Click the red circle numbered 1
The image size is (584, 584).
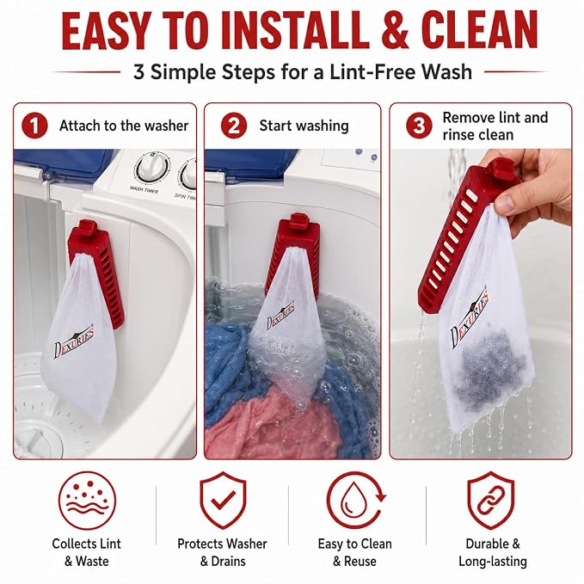[x=34, y=126]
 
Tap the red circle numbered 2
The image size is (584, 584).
[x=234, y=126]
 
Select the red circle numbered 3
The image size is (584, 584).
[x=419, y=126]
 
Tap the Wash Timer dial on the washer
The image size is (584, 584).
[x=151, y=167]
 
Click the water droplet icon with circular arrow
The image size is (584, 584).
[x=356, y=501]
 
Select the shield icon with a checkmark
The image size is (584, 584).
[x=223, y=501]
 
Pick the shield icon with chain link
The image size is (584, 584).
[x=491, y=501]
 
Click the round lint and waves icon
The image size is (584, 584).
[x=87, y=501]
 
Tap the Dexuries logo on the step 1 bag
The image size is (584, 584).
[x=74, y=342]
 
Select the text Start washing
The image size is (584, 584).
[x=304, y=126]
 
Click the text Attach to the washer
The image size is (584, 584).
[x=124, y=126]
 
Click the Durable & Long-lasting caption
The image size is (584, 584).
[x=492, y=552]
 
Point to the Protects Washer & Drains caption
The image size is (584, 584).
[x=223, y=552]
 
